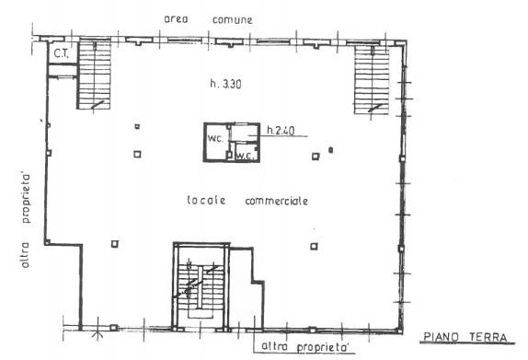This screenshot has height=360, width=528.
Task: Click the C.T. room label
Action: click(x=61, y=53)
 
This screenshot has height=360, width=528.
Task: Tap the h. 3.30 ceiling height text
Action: click(x=225, y=83)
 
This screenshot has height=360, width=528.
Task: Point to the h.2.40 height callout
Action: click(x=281, y=130)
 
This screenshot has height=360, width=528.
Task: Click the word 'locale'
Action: click(x=206, y=200)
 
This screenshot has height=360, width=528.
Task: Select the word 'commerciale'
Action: click(x=277, y=202)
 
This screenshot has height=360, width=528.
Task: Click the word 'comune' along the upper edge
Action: click(x=233, y=20)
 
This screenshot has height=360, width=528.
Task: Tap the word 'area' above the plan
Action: click(x=176, y=19)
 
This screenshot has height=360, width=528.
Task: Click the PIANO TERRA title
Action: click(x=465, y=337)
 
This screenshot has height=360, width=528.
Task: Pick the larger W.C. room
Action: click(x=216, y=142)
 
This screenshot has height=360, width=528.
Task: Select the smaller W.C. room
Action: click(x=246, y=152)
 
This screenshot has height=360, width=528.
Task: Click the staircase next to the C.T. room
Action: click(x=94, y=75)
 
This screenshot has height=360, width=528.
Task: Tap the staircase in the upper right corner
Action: click(x=372, y=79)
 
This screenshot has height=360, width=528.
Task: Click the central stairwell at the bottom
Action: click(x=201, y=285)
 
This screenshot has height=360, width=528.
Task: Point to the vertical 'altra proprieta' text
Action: click(x=25, y=221)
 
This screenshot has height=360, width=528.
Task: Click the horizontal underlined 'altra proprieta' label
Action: click(x=304, y=346)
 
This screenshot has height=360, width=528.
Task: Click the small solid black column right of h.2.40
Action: click(x=330, y=150)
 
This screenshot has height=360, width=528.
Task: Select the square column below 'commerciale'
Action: click(x=314, y=247)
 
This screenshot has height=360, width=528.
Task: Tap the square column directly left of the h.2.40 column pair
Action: click(x=137, y=154)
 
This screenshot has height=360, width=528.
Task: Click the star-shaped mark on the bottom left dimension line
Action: click(x=98, y=334)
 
